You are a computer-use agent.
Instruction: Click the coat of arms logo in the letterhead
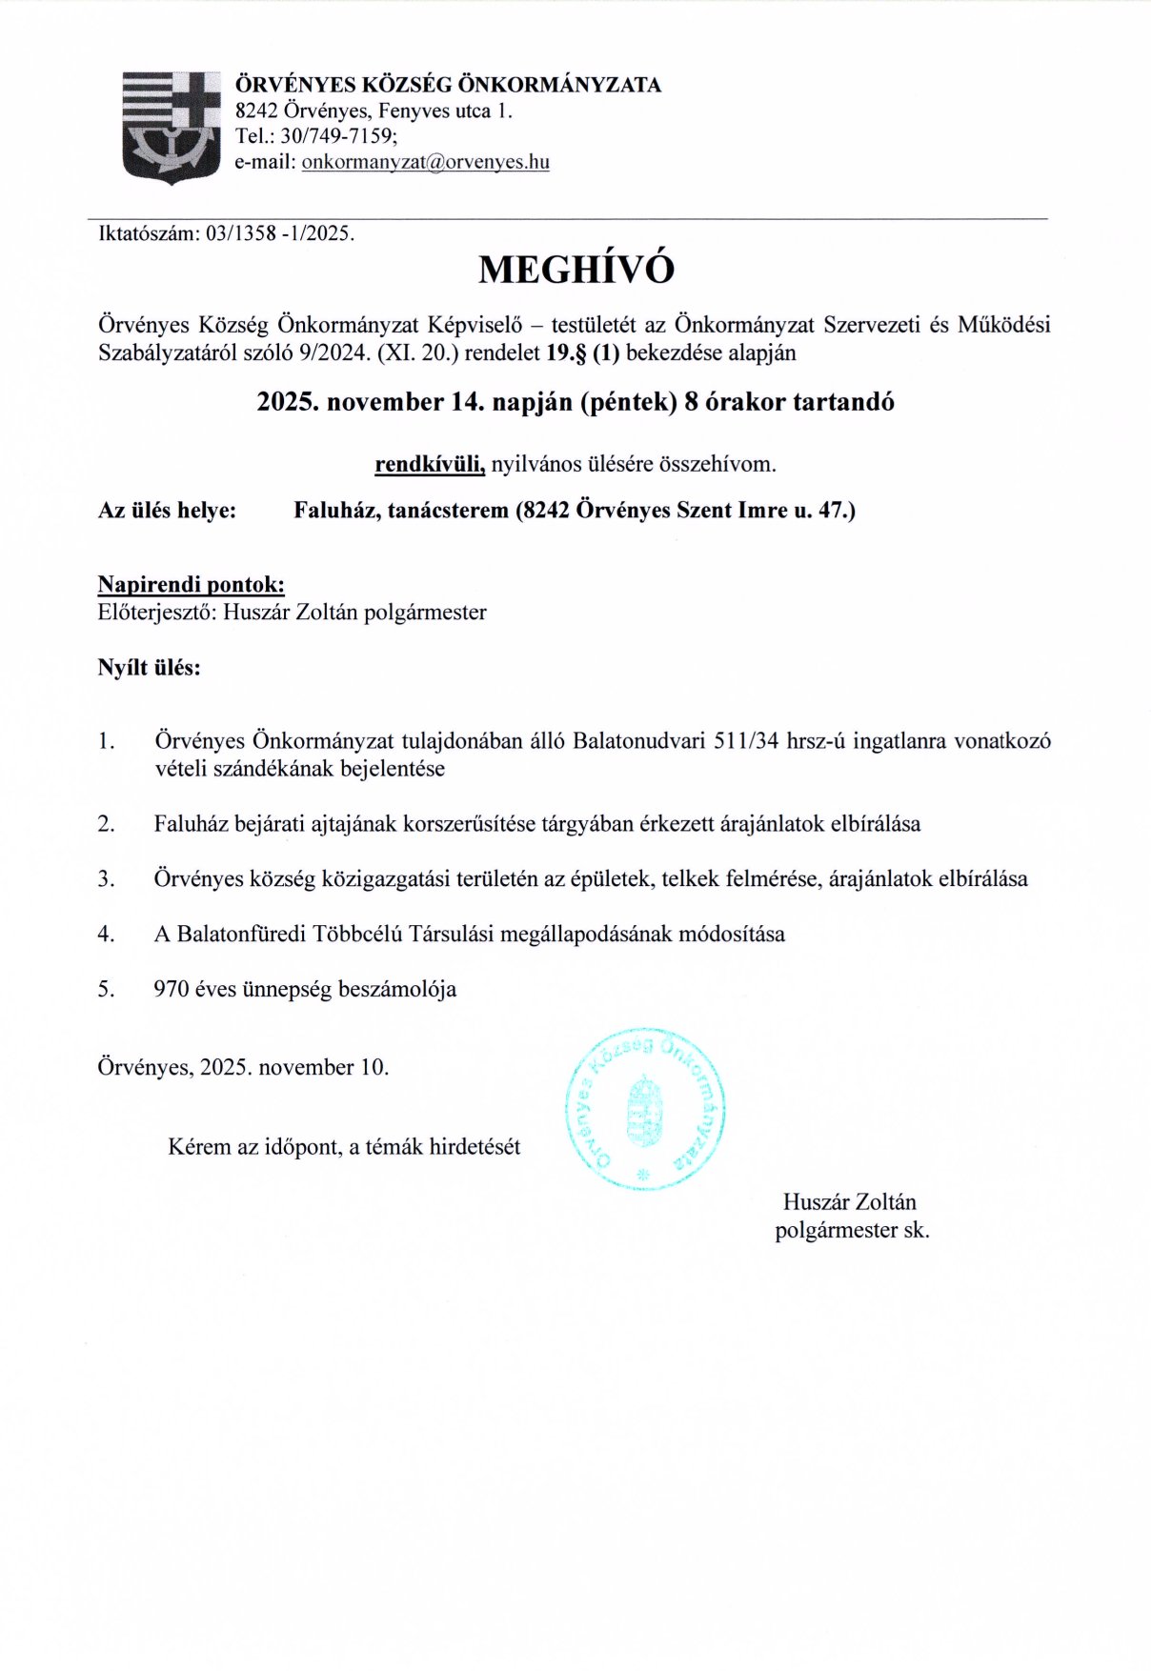(x=171, y=127)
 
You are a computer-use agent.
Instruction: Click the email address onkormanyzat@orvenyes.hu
(x=425, y=162)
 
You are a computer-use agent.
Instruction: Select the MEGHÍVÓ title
(x=575, y=270)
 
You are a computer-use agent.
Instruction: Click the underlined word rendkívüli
(x=430, y=465)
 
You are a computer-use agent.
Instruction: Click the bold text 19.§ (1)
(x=582, y=353)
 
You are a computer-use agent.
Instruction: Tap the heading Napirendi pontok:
(x=191, y=585)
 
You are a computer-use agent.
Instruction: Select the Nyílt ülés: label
(x=149, y=668)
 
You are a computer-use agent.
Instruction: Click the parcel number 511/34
(x=746, y=741)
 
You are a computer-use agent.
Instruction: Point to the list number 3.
(x=106, y=879)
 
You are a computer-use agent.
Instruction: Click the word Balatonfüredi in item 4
(x=242, y=935)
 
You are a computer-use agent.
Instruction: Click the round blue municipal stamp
(x=645, y=1109)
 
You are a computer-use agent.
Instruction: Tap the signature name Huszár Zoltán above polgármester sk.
(x=849, y=1202)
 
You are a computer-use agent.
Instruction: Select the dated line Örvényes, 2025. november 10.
(x=243, y=1068)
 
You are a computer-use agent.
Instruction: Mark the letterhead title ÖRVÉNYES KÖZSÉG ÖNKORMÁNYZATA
(x=448, y=85)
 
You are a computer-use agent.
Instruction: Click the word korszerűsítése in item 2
(x=472, y=824)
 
